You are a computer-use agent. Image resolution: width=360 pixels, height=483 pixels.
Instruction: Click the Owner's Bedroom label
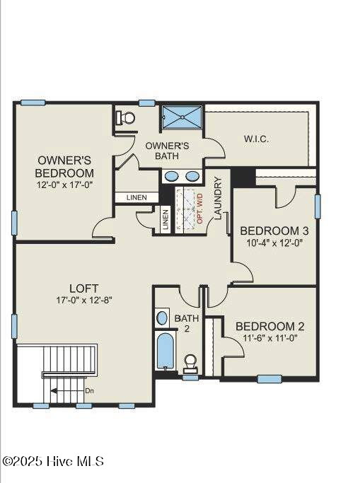[x=64, y=166]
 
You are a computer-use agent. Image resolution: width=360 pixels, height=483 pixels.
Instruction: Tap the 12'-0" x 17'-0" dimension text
[x=64, y=185]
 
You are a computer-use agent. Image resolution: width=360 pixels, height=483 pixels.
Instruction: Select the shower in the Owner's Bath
[x=182, y=117]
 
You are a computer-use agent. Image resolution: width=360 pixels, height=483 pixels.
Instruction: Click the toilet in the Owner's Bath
[x=125, y=117]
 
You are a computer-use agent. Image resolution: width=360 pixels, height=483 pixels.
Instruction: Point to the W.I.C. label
[x=256, y=139]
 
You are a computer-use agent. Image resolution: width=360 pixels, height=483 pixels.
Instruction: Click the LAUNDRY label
[x=218, y=198]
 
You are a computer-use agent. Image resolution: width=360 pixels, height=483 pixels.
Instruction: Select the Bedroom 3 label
[x=274, y=231]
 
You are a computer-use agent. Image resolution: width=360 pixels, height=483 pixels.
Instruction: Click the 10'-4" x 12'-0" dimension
[x=274, y=243]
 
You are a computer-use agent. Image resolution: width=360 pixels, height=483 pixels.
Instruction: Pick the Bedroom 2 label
[x=270, y=327]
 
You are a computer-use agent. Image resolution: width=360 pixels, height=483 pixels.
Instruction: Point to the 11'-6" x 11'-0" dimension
[x=270, y=338]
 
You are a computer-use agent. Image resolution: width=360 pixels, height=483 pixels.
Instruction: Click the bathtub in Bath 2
[x=166, y=351]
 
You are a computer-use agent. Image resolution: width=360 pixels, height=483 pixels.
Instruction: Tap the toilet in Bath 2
[x=190, y=363]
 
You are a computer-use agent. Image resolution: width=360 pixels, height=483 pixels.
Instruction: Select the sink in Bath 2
[x=162, y=318]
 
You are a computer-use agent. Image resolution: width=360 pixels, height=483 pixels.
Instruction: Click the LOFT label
[x=83, y=289]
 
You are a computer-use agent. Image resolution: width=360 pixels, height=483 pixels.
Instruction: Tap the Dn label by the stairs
[x=89, y=391]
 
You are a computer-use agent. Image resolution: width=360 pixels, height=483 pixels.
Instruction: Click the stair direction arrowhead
[x=54, y=391]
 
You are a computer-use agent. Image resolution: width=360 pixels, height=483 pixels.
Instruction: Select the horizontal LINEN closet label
[x=137, y=197]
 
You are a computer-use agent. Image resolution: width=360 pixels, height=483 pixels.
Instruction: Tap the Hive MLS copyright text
[x=53, y=461]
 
